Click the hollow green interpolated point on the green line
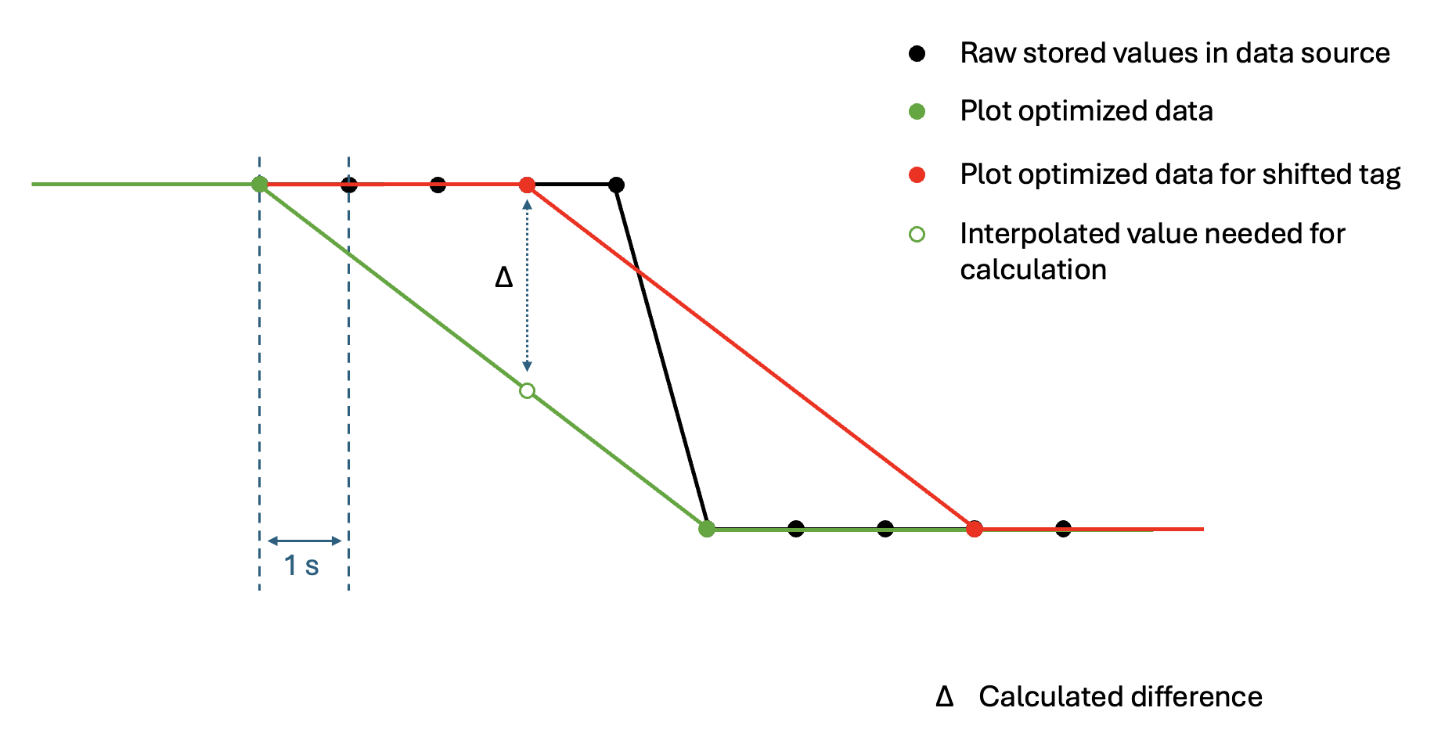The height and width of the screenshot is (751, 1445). coord(527,390)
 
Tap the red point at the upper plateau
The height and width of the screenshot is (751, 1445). coord(527,185)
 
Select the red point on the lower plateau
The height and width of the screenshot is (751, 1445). coord(974,529)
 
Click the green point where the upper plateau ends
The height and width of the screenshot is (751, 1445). coord(260,185)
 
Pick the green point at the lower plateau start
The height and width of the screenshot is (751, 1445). coord(707,529)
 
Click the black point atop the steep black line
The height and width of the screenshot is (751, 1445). coord(616,185)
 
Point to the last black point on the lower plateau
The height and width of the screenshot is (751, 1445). coord(1063,529)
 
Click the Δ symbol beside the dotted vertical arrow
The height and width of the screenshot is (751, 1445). coord(504,277)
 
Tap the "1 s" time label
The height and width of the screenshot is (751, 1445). coord(301,566)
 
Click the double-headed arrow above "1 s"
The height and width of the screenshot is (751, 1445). coord(304,541)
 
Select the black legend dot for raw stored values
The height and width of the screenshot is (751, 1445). coord(917,53)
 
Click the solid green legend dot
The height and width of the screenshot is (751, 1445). coord(917,112)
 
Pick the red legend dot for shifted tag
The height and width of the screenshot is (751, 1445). coord(917,174)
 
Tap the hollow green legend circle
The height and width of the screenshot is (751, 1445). coord(917,234)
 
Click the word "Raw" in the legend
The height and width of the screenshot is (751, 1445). coord(987,53)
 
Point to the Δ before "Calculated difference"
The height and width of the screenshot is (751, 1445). coord(945,696)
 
